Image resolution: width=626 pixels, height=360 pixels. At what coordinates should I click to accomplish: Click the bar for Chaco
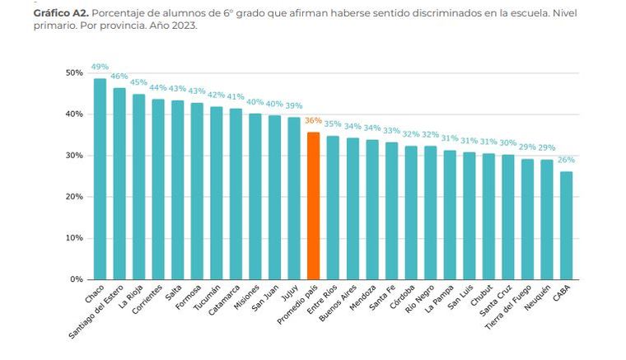[100, 179]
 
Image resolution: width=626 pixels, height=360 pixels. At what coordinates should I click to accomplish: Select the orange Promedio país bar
[313, 205]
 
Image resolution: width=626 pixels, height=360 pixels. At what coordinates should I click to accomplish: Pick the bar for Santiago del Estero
[119, 183]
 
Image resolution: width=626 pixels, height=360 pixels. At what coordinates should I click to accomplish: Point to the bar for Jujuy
[294, 198]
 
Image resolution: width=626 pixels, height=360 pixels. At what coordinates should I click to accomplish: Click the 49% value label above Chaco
[100, 67]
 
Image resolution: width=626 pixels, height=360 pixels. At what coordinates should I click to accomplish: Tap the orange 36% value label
[313, 120]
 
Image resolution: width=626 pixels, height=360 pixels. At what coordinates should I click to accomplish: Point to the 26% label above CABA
[566, 159]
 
